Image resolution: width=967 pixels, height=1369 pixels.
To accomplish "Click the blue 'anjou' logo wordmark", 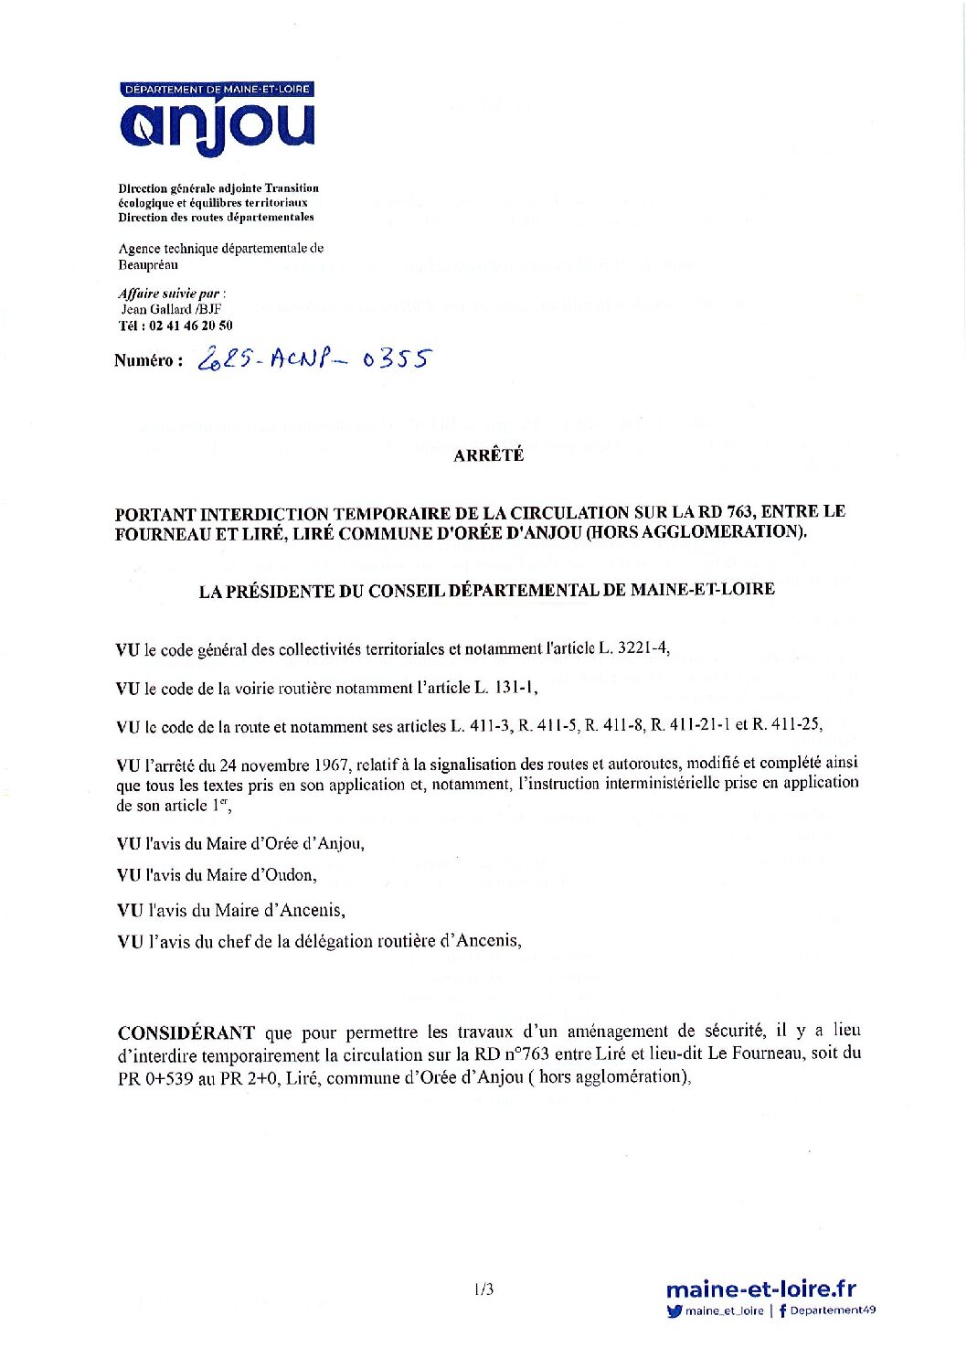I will [217, 126].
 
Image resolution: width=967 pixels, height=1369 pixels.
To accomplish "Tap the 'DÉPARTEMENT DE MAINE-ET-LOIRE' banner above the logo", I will [217, 89].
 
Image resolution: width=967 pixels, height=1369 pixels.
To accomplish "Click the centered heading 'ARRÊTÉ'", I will [488, 455].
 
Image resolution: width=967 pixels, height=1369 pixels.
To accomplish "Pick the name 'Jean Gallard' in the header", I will [156, 309].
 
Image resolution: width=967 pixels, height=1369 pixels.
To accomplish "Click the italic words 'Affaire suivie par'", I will [169, 294].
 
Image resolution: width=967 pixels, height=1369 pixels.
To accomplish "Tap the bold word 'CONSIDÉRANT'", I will [186, 1033].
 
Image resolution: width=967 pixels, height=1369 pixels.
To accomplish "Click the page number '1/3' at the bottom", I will [483, 1289].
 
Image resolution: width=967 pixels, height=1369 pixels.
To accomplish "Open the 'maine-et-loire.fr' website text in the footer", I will [760, 1289].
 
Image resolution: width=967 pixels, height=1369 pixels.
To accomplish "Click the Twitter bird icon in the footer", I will [675, 1311].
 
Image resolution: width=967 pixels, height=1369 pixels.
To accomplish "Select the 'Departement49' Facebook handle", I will [833, 1310].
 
